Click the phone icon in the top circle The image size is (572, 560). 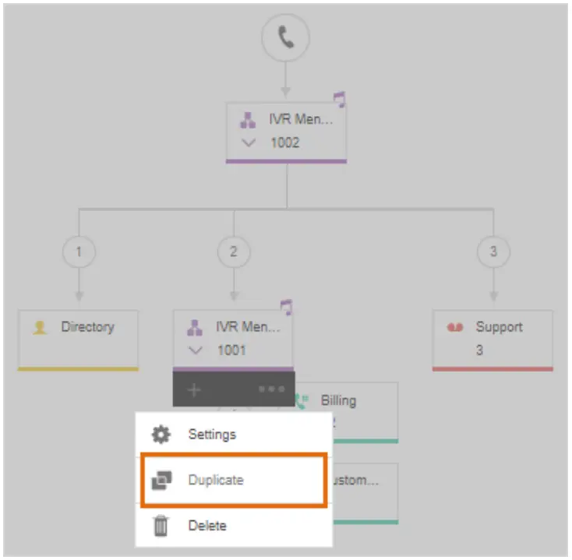[x=286, y=37]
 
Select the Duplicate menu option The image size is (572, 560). [x=216, y=480]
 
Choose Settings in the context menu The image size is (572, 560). [x=212, y=434]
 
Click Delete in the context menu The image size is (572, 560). [x=207, y=526]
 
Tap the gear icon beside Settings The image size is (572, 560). [x=161, y=435]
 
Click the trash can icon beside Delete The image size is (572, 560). [x=161, y=527]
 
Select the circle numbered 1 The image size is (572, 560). [x=79, y=252]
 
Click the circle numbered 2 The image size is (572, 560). [x=234, y=252]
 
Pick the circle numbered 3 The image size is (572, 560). [x=493, y=252]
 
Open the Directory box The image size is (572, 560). [x=78, y=338]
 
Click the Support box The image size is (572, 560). [x=493, y=338]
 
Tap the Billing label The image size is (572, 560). [x=338, y=400]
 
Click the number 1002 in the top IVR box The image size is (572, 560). [x=284, y=143]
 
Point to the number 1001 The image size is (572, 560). [x=231, y=350]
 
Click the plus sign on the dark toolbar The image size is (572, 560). [x=194, y=389]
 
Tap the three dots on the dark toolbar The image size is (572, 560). [x=271, y=389]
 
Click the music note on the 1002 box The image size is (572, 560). [x=339, y=99]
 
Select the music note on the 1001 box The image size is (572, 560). [x=287, y=307]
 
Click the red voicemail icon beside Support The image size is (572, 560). [x=455, y=328]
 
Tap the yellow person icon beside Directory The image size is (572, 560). [x=40, y=328]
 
